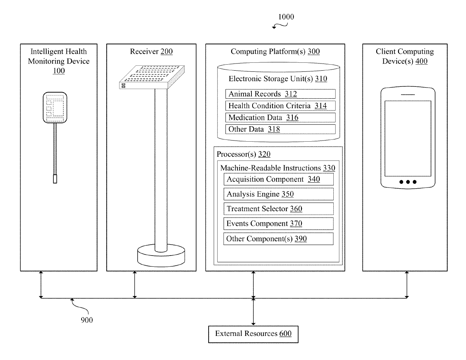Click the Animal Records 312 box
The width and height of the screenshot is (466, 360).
[x=280, y=94]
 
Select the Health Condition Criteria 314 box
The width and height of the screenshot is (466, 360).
[x=280, y=106]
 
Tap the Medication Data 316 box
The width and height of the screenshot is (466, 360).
[x=280, y=118]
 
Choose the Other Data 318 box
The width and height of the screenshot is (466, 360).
[x=280, y=129]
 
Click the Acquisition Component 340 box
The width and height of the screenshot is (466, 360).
[x=278, y=179]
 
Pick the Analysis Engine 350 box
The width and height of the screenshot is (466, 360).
[x=278, y=194]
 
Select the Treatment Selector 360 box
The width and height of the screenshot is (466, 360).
[x=278, y=209]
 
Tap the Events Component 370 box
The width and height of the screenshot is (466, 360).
[x=278, y=224]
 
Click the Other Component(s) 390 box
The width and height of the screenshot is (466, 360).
[x=278, y=239]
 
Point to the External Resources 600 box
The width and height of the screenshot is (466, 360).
[x=253, y=334]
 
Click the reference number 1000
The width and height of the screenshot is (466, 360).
[x=286, y=17]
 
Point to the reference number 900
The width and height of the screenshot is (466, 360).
[x=87, y=320]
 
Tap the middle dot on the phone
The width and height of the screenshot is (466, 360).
[x=408, y=182]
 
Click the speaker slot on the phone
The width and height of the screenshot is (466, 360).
[x=408, y=95]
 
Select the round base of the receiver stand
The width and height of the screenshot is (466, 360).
[x=161, y=256]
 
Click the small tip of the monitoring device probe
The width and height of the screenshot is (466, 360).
[x=55, y=179]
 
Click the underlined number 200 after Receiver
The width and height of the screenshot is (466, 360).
[x=166, y=51]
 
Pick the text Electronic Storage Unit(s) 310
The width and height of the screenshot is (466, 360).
[x=278, y=79]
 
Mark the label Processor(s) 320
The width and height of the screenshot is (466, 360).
[x=244, y=154]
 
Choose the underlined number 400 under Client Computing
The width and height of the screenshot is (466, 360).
[x=421, y=61]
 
